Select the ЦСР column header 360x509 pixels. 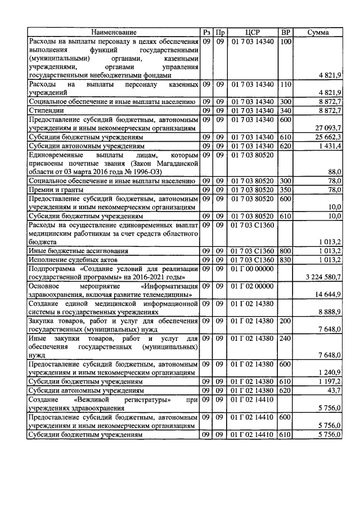(253, 33)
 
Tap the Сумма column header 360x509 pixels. (318, 33)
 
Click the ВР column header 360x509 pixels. (286, 33)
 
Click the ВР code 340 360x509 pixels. (286, 111)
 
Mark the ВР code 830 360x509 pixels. (286, 260)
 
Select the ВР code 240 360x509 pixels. (286, 338)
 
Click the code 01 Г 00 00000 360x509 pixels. (253, 269)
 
